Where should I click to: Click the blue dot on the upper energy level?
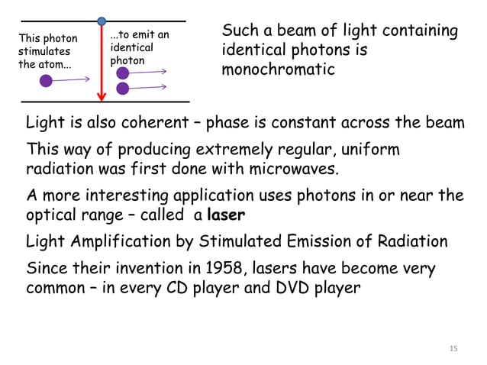click(x=102, y=21)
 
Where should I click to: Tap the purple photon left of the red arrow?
click(x=47, y=80)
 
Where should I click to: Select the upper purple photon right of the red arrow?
click(x=123, y=73)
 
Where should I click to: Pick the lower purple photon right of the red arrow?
click(x=123, y=89)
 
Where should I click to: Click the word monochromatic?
click(x=278, y=69)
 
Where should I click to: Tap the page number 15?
click(x=453, y=349)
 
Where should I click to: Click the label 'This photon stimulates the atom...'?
click(x=47, y=50)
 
